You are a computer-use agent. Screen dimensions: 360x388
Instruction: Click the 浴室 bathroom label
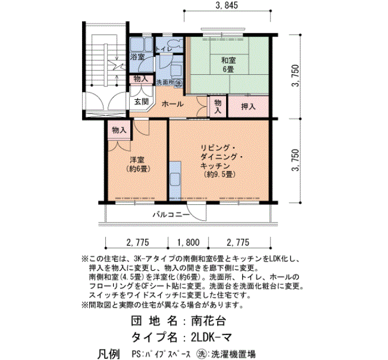click(137, 57)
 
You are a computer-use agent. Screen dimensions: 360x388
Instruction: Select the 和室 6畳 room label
click(228, 64)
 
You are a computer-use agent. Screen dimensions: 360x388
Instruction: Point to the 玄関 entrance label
click(140, 102)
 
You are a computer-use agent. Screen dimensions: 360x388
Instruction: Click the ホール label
click(172, 104)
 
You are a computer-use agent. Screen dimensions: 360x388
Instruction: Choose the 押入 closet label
click(248, 106)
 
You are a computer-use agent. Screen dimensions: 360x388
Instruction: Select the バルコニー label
click(171, 215)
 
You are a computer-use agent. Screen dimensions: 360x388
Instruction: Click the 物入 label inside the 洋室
click(119, 130)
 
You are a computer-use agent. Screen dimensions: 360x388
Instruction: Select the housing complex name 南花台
click(206, 320)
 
